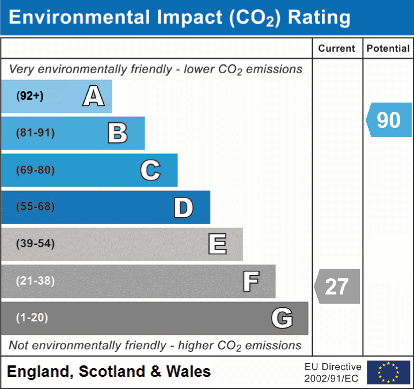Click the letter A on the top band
click(x=93, y=96)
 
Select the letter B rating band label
click(x=117, y=133)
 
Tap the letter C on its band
click(x=150, y=170)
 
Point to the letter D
click(x=183, y=207)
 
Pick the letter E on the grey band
click(x=217, y=244)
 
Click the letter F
click(x=250, y=281)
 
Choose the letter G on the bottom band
click(x=282, y=318)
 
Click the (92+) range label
click(x=30, y=96)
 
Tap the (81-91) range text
click(x=36, y=133)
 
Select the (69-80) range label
click(x=36, y=170)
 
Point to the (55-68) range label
click(x=36, y=207)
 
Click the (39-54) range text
click(x=36, y=244)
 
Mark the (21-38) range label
click(x=36, y=281)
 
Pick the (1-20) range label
click(x=32, y=318)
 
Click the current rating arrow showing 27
click(x=337, y=286)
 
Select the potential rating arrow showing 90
click(x=389, y=120)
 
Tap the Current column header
click(x=337, y=49)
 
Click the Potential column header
click(x=388, y=49)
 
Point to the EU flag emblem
click(x=388, y=372)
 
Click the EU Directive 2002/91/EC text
click(x=333, y=372)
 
